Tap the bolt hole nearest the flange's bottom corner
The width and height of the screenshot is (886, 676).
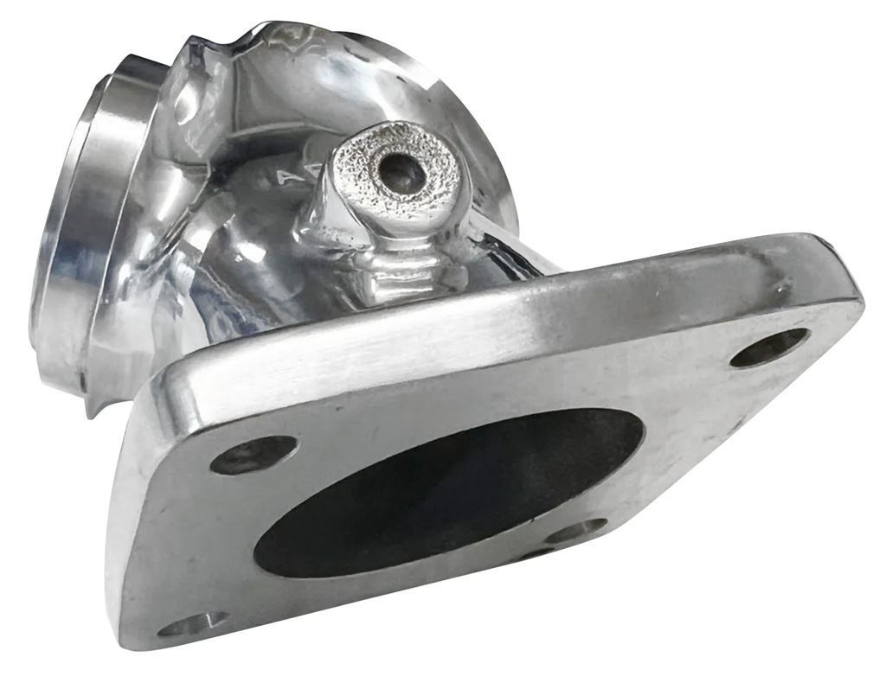197,623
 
